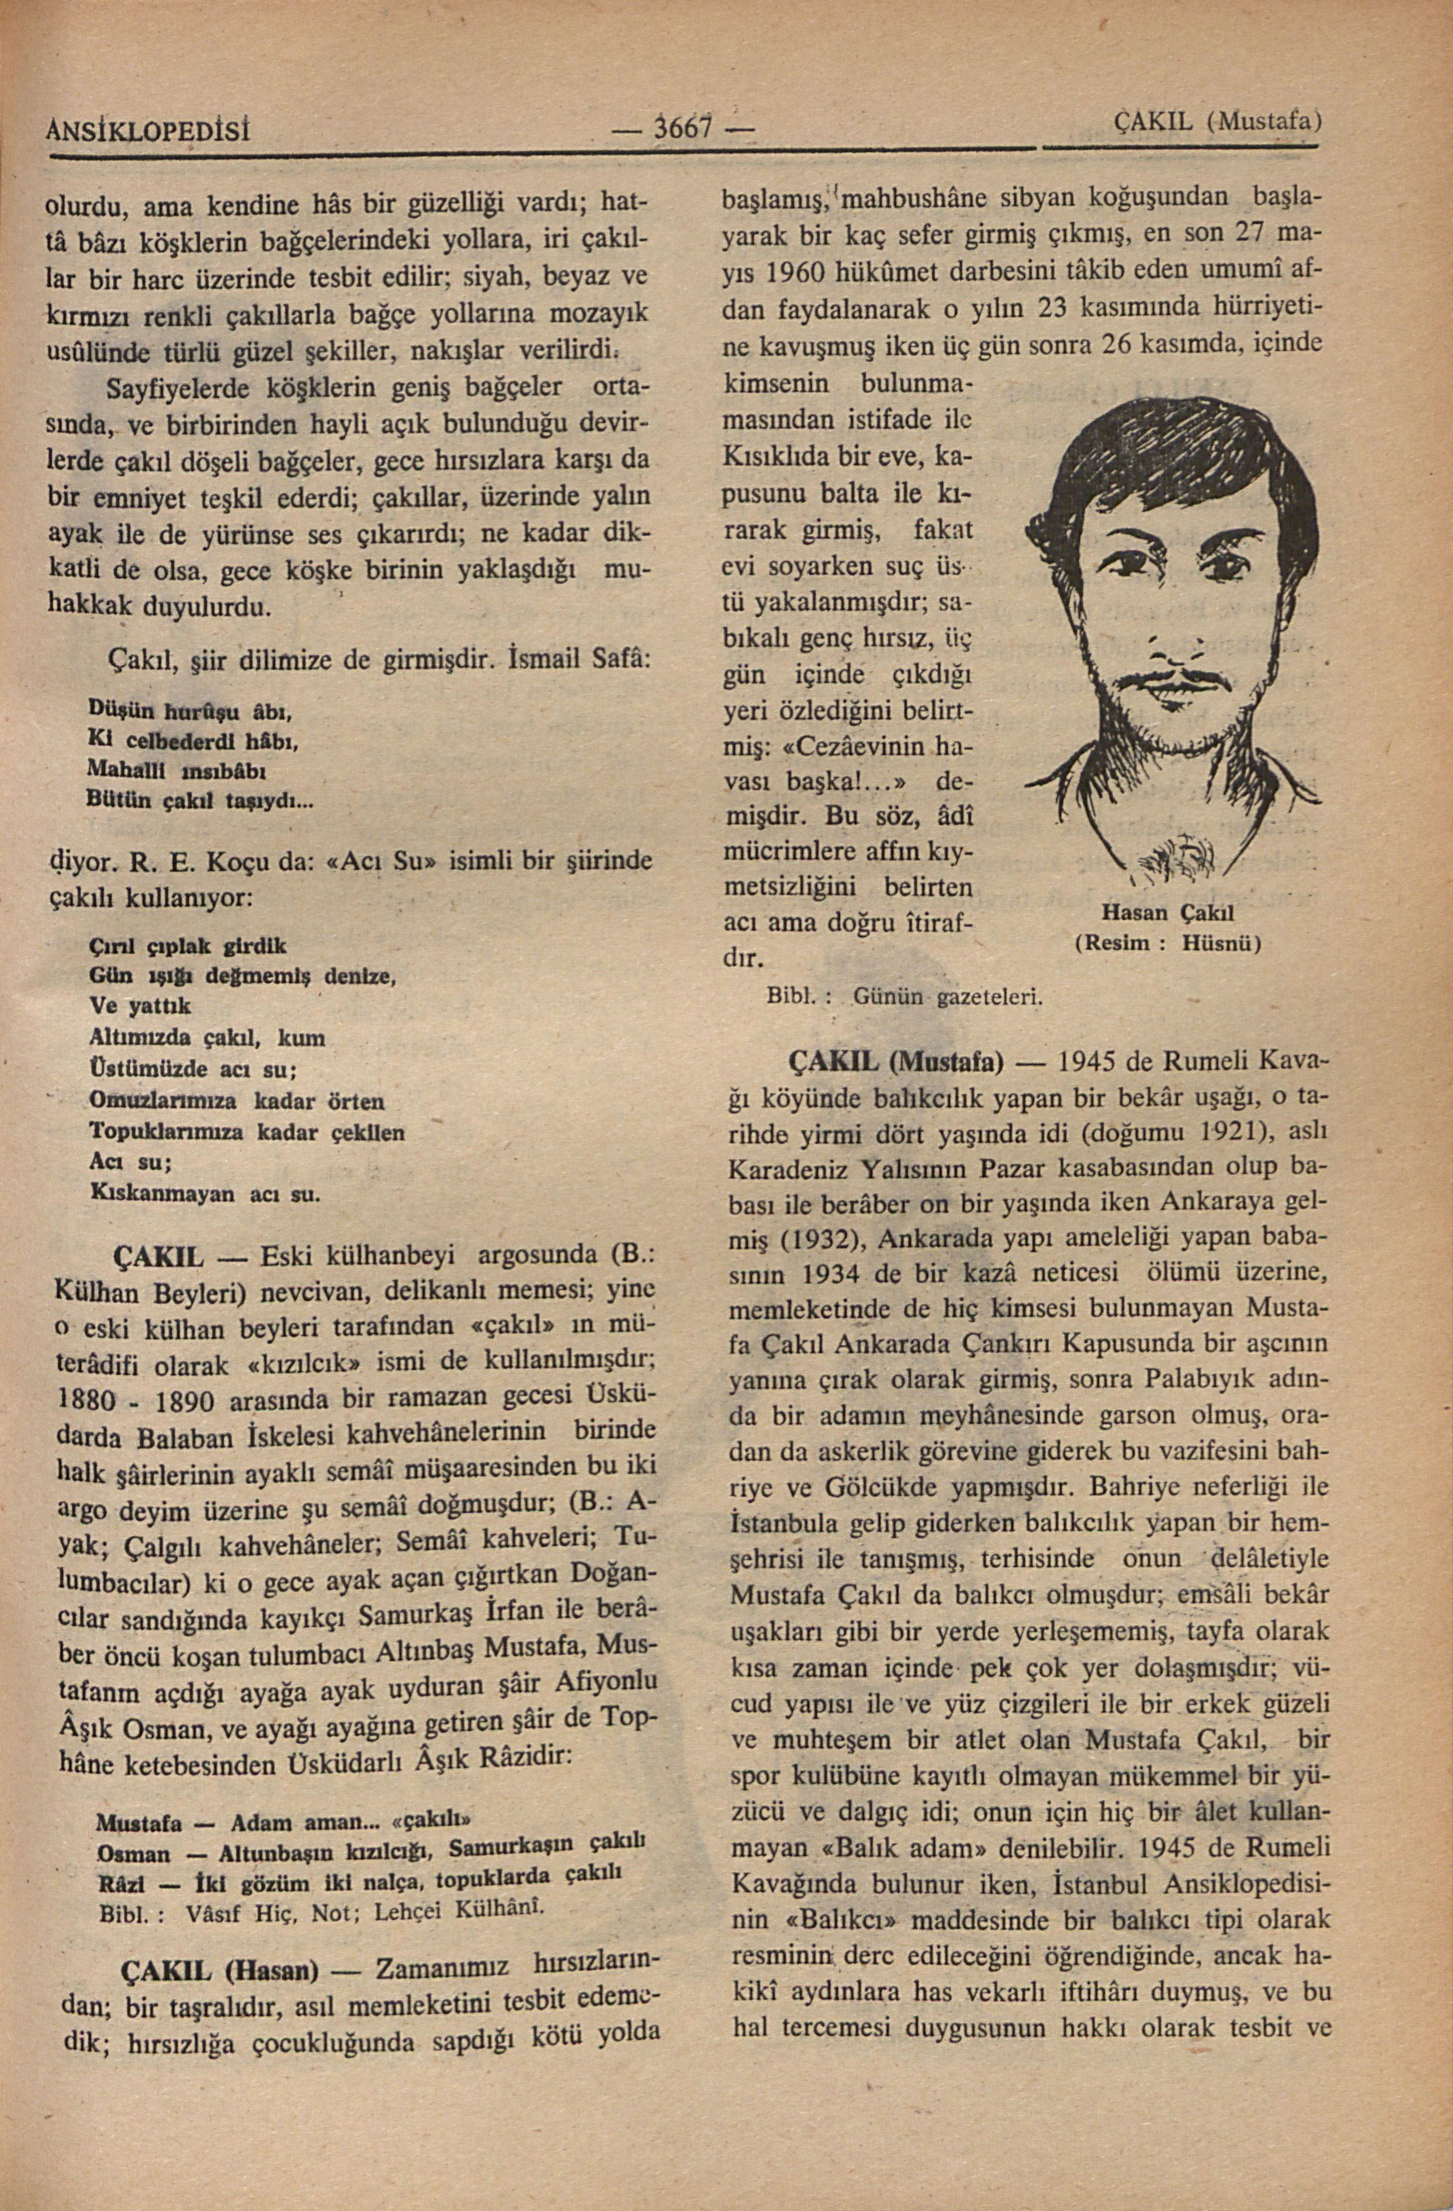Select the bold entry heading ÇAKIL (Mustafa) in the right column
pyautogui.click(x=896, y=1060)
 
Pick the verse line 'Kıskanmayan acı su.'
pyautogui.click(x=205, y=1194)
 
